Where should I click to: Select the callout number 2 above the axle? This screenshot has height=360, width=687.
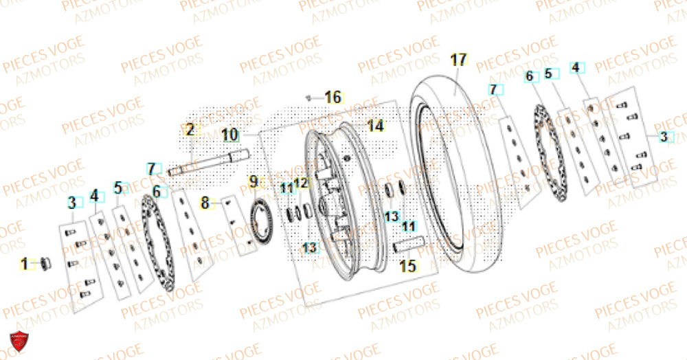(190, 129)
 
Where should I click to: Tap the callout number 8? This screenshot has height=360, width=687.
(204, 203)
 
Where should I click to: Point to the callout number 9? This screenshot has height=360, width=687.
(254, 182)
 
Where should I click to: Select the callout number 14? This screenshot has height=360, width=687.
(375, 126)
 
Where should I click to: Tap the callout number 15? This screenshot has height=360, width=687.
(408, 265)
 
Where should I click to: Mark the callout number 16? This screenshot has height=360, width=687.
(333, 98)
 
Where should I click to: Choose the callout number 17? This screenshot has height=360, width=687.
(458, 60)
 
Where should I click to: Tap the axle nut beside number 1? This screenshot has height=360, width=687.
(45, 262)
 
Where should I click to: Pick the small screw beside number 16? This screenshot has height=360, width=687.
(311, 98)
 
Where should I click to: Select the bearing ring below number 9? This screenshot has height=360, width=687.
(261, 218)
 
